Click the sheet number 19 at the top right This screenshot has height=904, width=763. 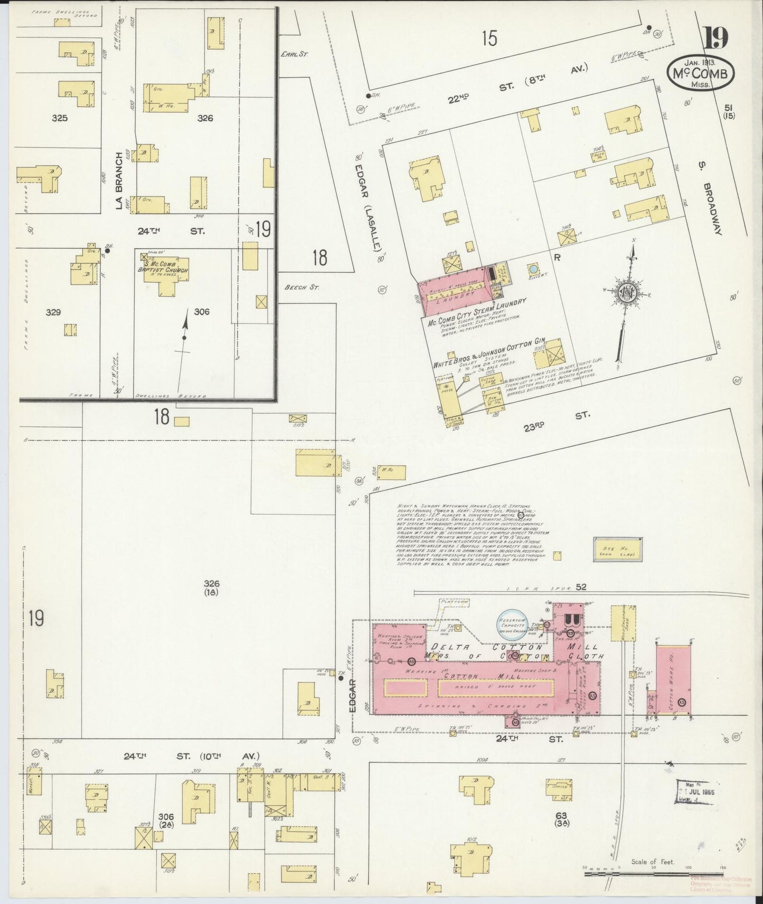tap(715, 37)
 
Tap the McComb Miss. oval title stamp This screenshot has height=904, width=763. tap(700, 75)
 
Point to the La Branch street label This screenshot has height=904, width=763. tap(119, 181)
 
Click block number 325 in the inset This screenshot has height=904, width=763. tap(60, 118)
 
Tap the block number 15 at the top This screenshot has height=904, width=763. tap(489, 39)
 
